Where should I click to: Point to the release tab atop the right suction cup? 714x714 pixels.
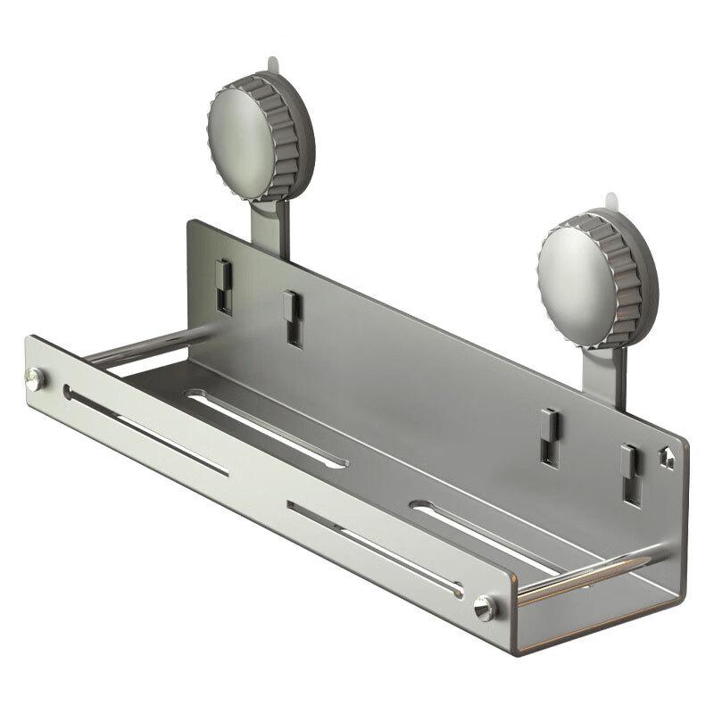[610, 200]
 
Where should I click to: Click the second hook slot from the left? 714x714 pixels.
[291, 317]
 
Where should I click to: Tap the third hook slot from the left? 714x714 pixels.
[552, 436]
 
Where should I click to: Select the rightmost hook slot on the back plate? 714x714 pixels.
[631, 474]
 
